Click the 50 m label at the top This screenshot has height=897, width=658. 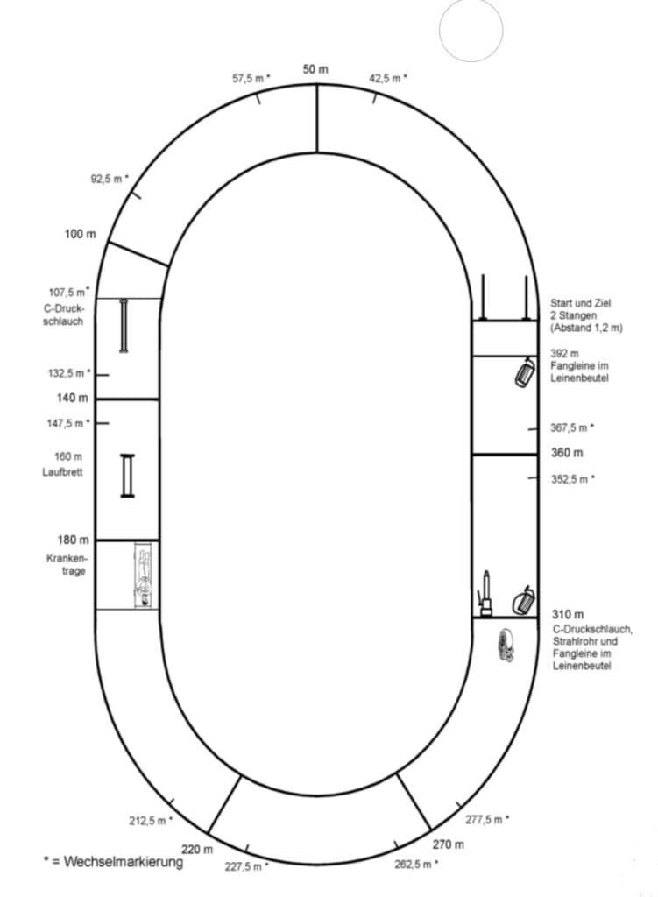click(315, 69)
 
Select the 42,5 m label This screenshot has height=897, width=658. click(388, 78)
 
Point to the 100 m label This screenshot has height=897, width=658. click(80, 234)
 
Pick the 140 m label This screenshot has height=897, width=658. click(72, 398)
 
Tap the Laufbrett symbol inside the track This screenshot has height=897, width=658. click(128, 476)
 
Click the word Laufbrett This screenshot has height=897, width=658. click(62, 472)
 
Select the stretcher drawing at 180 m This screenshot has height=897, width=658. click(145, 575)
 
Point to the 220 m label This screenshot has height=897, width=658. click(197, 849)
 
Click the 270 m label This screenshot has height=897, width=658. click(448, 844)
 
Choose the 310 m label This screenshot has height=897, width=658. click(568, 614)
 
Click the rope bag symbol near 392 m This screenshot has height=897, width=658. click(525, 371)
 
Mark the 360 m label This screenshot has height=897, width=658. click(567, 453)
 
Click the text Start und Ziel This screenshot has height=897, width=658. click(580, 303)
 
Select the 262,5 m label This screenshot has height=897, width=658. click(416, 864)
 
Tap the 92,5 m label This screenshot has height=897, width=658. click(110, 179)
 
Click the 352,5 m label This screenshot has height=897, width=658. click(573, 479)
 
